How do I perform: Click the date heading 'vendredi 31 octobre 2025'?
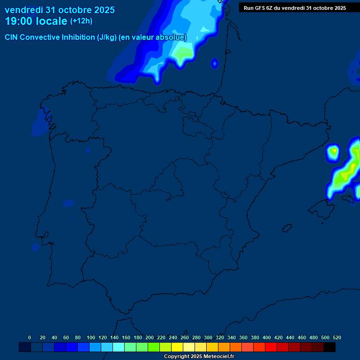tap(60, 10)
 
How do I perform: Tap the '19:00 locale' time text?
tap(36, 21)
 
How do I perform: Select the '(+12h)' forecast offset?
tap(81, 21)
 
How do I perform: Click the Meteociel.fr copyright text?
tap(199, 356)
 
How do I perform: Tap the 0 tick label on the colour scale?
tap(30, 337)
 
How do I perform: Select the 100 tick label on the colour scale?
tap(90, 337)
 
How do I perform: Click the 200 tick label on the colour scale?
tap(149, 337)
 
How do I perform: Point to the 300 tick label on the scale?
tap(208, 337)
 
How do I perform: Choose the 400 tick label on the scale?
tap(266, 337)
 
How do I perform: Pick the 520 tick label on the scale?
tap(337, 337)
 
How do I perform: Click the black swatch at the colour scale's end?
tap(330, 347)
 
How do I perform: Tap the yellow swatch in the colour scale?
tap(177, 347)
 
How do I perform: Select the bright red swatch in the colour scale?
tap(271, 347)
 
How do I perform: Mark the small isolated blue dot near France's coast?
tap(215, 63)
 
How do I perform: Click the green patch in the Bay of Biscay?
tap(183, 54)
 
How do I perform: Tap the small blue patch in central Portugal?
tap(68, 203)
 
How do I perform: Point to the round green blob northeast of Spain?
tap(333, 151)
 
